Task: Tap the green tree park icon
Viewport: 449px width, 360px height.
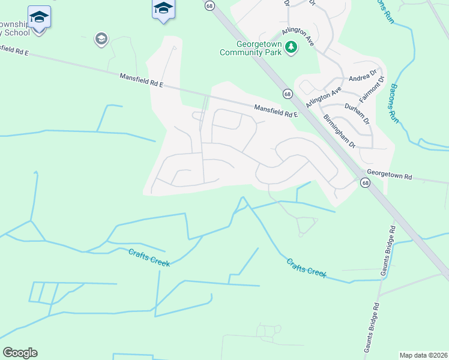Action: coord(291,46)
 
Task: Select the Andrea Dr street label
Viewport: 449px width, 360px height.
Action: coord(363,79)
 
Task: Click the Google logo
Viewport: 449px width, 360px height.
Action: coord(20,353)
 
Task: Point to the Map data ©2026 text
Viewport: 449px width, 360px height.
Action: coord(423,355)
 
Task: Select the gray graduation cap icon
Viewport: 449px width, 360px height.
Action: coord(101,40)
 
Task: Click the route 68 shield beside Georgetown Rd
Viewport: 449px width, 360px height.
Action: coord(365,183)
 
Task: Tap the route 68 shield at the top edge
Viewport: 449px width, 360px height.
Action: coord(209,5)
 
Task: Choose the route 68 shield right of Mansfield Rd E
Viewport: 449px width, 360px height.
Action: coord(288,94)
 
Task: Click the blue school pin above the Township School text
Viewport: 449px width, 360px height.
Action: coord(39,17)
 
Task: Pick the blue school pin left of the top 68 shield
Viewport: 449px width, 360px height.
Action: coord(163,9)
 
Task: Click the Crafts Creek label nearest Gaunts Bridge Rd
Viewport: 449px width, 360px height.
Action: coord(306,268)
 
